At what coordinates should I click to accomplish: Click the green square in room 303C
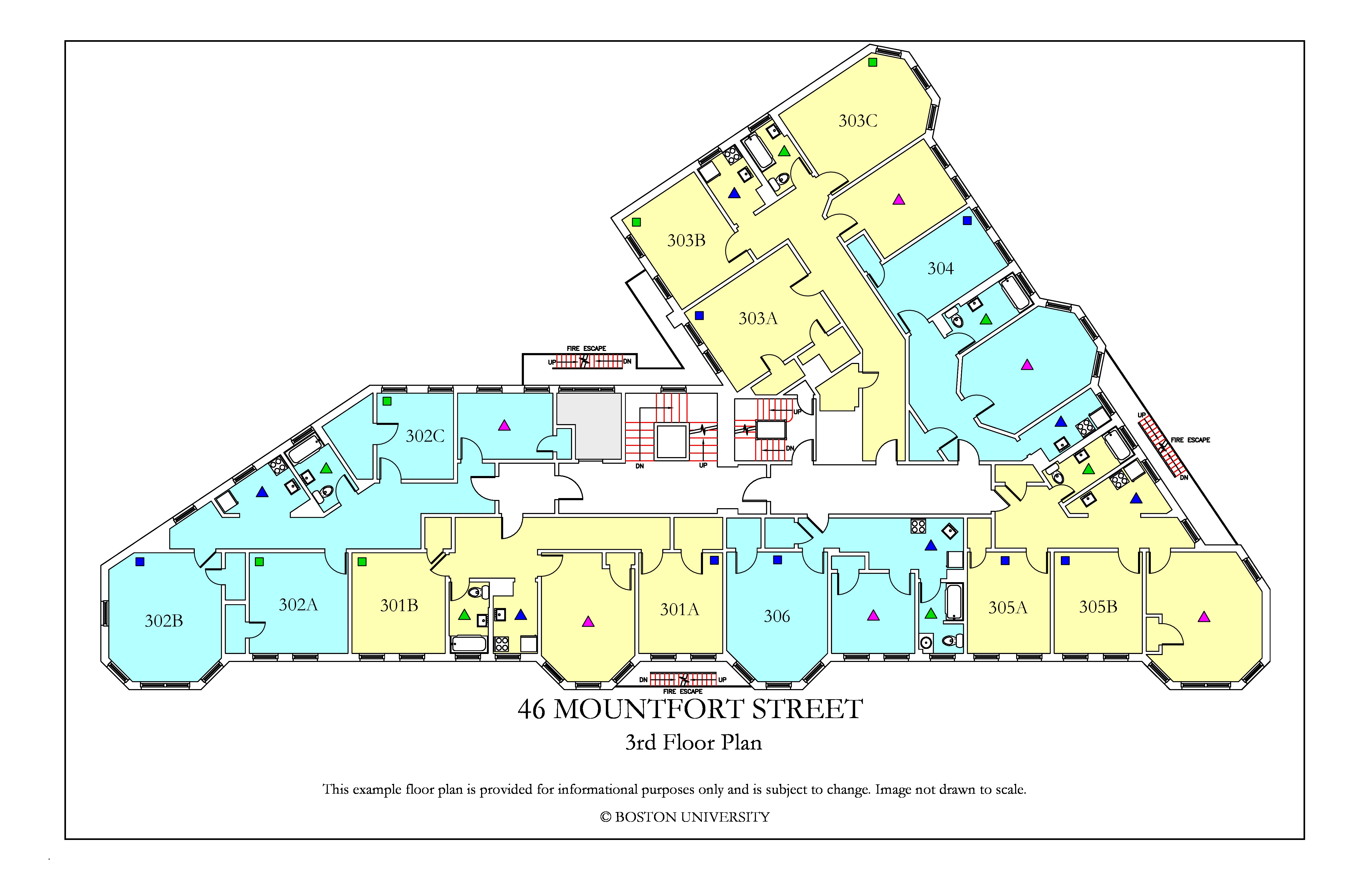click(872, 62)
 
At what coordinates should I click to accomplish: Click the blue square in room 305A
click(1005, 560)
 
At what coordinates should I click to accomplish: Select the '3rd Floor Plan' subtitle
click(693, 742)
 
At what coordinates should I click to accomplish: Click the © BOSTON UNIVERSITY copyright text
click(685, 817)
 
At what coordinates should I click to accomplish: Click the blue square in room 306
click(777, 560)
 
